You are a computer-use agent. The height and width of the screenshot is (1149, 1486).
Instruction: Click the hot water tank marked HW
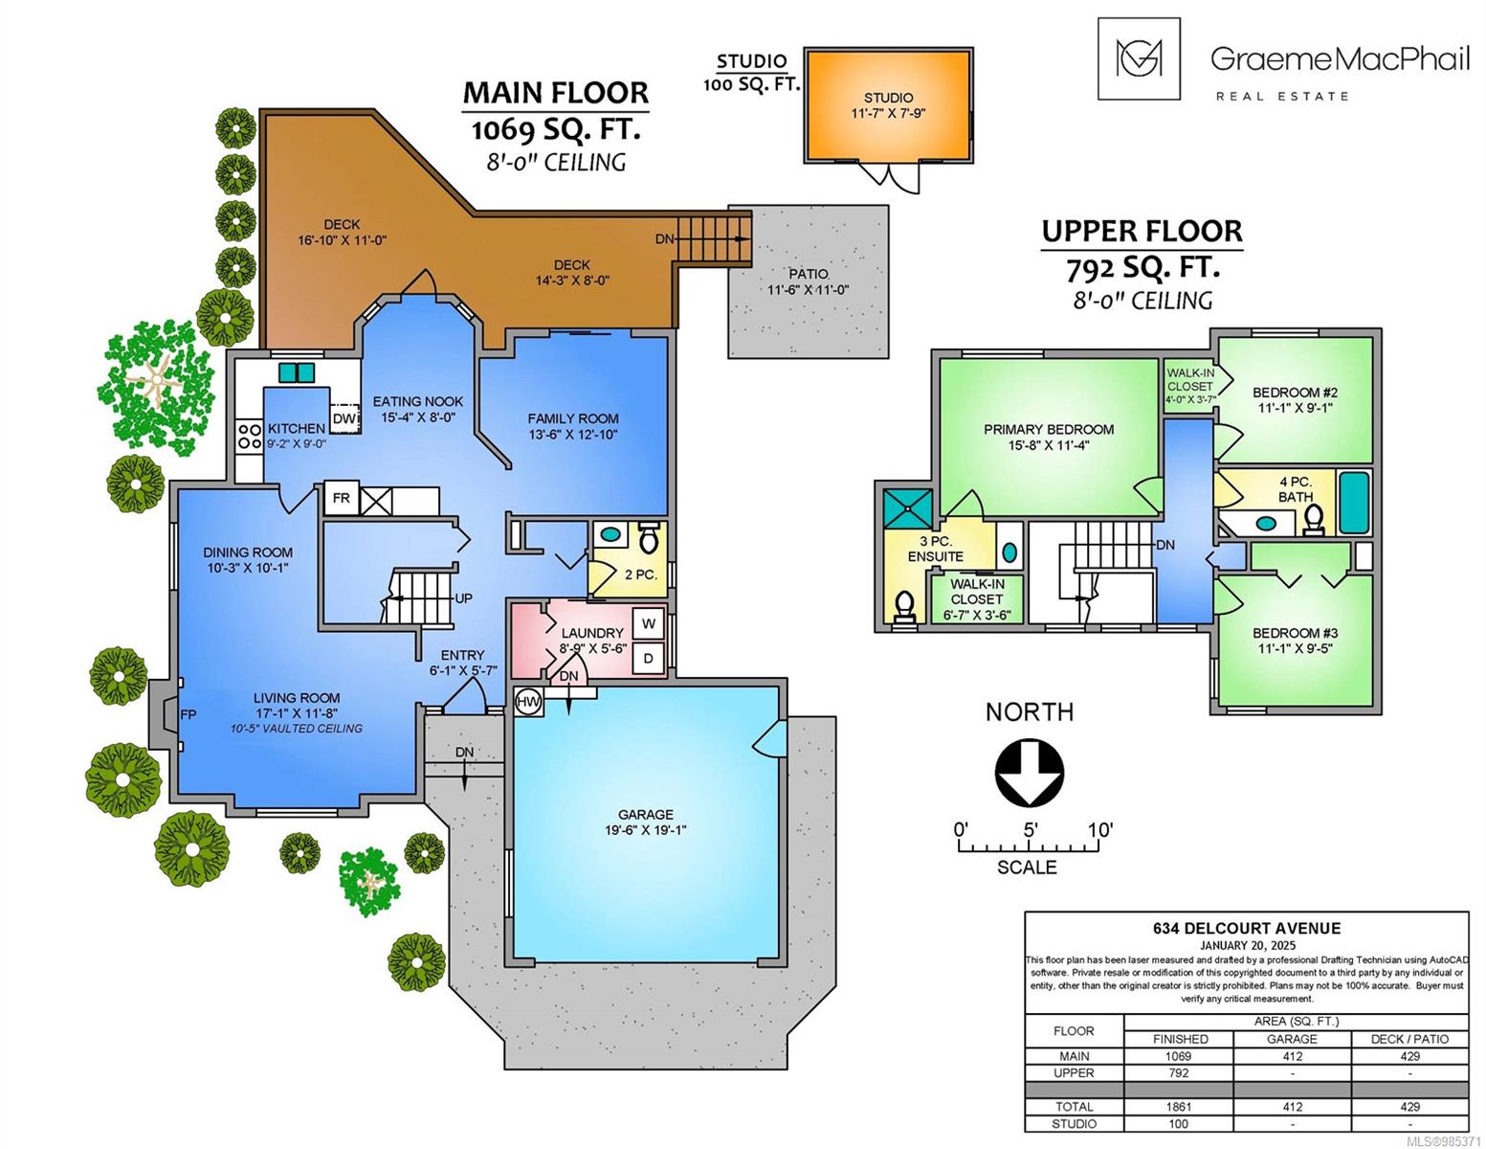click(x=528, y=702)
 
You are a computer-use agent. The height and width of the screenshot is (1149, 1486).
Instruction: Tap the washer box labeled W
click(x=649, y=623)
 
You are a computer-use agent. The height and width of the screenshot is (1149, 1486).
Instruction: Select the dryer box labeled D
click(x=649, y=659)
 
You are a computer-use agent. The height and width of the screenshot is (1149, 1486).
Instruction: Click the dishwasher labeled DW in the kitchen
click(x=345, y=418)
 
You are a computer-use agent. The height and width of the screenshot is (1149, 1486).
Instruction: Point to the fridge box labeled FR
click(x=342, y=498)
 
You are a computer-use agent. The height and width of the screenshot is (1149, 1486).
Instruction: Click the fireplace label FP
click(x=189, y=714)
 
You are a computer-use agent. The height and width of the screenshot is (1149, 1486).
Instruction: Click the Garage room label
click(x=646, y=815)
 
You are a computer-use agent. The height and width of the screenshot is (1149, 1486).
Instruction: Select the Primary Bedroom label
click(x=1049, y=429)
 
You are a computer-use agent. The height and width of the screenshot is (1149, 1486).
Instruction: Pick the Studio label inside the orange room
click(x=888, y=98)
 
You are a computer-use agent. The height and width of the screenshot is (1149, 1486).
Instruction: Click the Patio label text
click(x=809, y=275)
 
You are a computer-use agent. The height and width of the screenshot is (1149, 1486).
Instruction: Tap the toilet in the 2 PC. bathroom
click(x=649, y=538)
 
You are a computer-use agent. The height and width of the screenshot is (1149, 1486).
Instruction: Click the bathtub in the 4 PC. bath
click(x=1354, y=503)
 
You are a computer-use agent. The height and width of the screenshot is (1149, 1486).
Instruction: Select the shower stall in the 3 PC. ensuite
click(x=907, y=508)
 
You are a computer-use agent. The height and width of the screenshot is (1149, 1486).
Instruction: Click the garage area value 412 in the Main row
click(x=1293, y=1056)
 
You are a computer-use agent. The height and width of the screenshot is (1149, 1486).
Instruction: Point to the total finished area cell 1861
click(x=1178, y=1107)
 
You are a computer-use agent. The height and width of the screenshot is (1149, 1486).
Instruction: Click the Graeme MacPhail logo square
click(x=1139, y=58)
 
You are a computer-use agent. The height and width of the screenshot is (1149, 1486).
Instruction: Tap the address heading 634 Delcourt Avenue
click(x=1247, y=929)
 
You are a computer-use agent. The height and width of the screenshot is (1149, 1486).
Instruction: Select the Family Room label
click(x=573, y=418)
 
